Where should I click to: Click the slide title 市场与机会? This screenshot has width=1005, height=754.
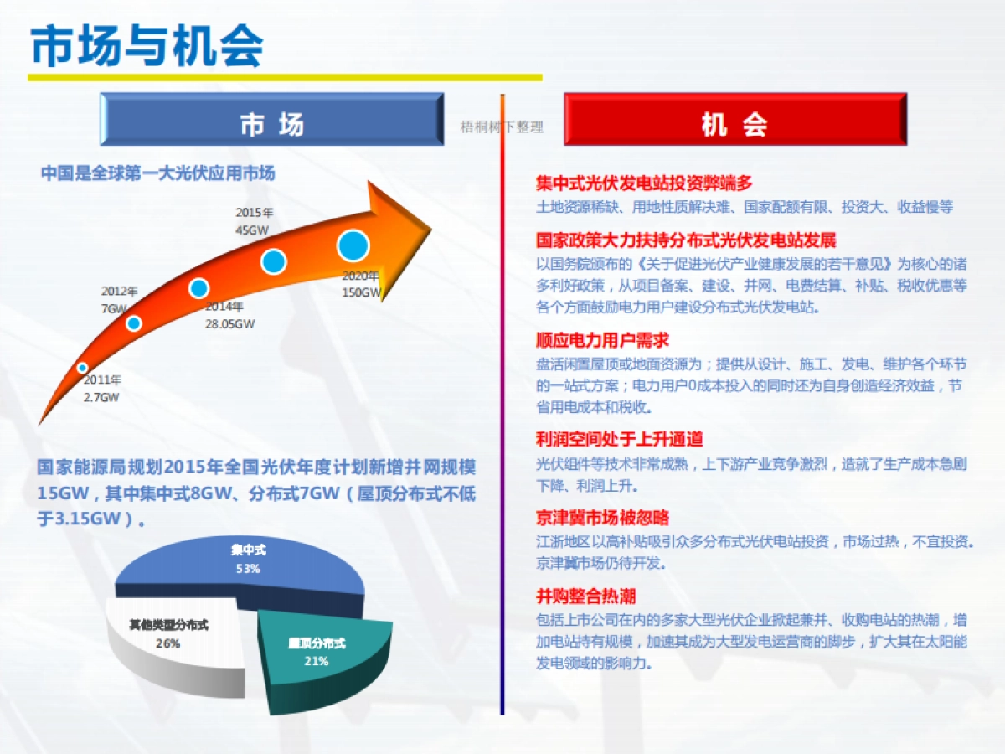[147, 46]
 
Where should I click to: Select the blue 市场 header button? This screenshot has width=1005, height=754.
[271, 119]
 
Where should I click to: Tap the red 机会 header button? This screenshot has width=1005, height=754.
[734, 119]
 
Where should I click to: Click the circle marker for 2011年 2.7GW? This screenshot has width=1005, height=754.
[82, 368]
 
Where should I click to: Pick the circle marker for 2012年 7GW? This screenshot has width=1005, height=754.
[134, 323]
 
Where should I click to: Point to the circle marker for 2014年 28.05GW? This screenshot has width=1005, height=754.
[198, 288]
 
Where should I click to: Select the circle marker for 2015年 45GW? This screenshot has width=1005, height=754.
[274, 261]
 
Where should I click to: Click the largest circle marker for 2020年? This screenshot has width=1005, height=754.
[353, 245]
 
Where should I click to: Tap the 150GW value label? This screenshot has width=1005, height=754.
[362, 293]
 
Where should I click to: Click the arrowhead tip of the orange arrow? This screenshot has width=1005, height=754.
[429, 224]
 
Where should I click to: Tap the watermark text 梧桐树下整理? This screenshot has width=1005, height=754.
[502, 127]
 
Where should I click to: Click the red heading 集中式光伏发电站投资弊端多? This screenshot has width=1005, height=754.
[644, 183]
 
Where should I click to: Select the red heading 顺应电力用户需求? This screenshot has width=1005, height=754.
[602, 340]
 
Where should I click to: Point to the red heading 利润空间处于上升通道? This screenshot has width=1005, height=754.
[619, 439]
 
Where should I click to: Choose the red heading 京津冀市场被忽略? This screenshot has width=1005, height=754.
[602, 518]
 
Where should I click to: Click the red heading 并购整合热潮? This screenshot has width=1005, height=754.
[585, 596]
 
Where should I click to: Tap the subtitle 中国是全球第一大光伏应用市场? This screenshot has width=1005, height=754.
[157, 173]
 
